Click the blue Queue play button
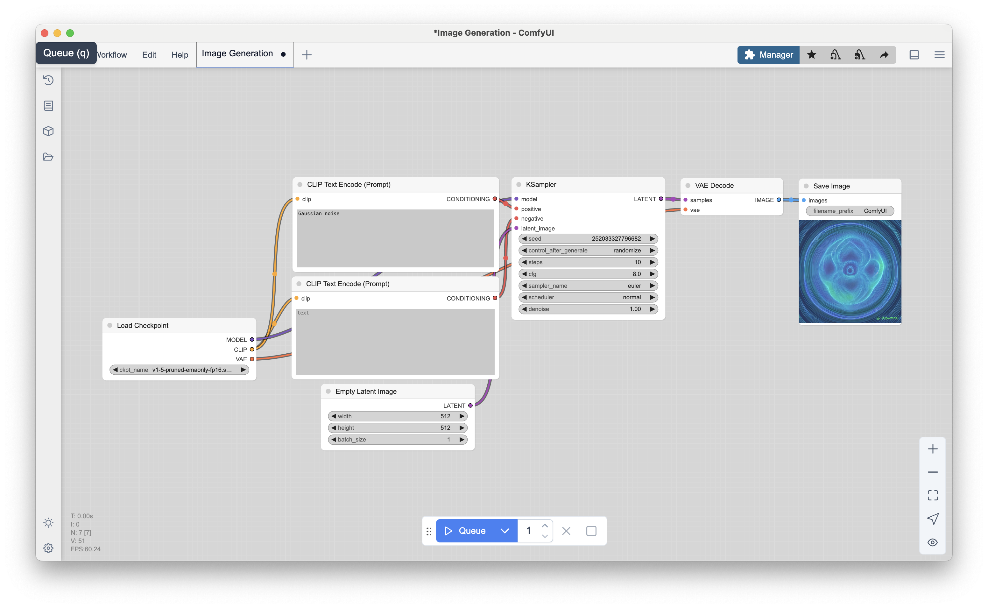click(465, 531)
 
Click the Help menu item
click(180, 55)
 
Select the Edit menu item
click(149, 55)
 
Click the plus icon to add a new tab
click(307, 55)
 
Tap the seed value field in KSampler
click(588, 238)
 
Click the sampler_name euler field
click(588, 286)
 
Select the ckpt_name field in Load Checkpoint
click(179, 370)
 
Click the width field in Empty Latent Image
click(398, 416)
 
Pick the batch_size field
click(398, 440)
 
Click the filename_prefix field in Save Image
click(850, 211)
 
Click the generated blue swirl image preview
click(850, 272)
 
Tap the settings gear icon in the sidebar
click(48, 548)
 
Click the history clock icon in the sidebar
click(48, 80)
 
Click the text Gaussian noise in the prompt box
click(318, 214)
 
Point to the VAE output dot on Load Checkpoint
click(252, 359)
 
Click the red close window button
click(45, 33)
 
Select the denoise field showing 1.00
click(588, 309)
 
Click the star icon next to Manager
click(812, 55)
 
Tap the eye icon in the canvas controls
click(933, 542)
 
